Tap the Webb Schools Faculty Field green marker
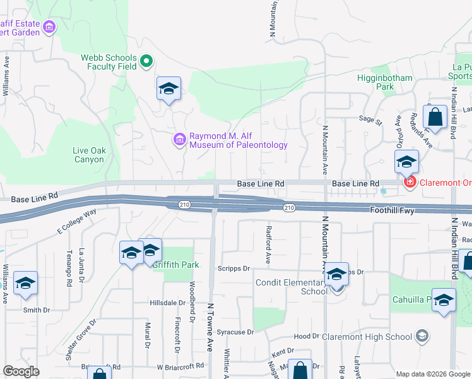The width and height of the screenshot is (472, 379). (x=146, y=61)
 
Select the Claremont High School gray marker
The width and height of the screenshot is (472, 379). (x=422, y=336)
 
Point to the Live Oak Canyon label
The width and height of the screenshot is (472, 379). (x=88, y=155)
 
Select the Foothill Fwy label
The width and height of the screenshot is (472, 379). (x=392, y=210)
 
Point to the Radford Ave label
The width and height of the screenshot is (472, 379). (x=269, y=244)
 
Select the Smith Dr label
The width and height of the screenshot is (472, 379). (x=36, y=310)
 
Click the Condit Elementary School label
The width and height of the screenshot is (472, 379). (x=291, y=287)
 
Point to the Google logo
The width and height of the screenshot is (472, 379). (x=21, y=371)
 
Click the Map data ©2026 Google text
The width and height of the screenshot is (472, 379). (x=432, y=374)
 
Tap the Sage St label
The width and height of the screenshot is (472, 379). (x=371, y=119)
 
